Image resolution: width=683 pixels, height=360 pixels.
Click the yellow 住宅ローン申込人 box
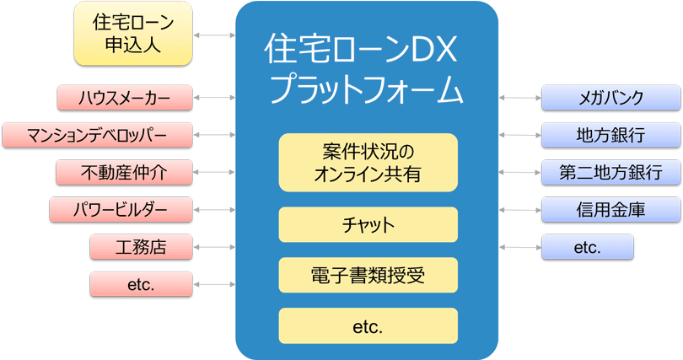click(132, 34)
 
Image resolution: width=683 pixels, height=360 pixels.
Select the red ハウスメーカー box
click(124, 97)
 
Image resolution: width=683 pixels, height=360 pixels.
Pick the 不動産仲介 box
click(124, 172)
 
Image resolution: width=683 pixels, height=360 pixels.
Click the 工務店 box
click(141, 247)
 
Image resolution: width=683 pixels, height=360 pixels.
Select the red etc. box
click(141, 284)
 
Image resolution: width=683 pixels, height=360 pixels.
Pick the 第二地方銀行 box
click(610, 172)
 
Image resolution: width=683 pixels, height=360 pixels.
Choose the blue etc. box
click(587, 247)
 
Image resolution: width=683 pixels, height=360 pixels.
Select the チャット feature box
click(368, 225)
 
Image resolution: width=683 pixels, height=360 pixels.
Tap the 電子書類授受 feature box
click(368, 275)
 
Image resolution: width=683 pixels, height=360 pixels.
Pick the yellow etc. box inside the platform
click(368, 325)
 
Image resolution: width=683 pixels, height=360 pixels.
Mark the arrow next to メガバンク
click(520, 98)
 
